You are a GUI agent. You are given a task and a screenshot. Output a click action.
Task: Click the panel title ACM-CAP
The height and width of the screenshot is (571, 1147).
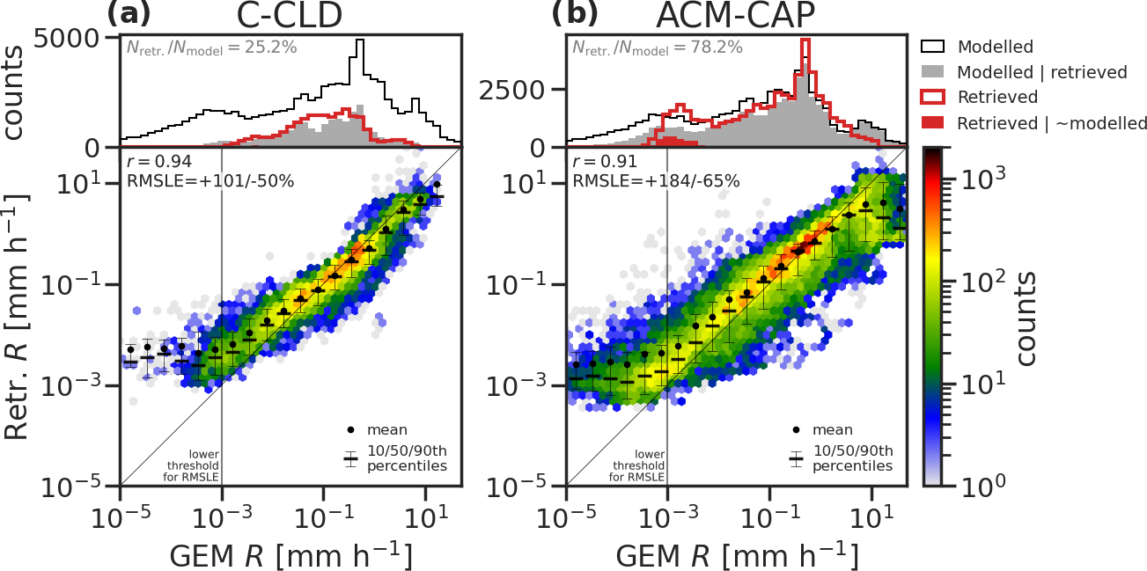click(x=736, y=17)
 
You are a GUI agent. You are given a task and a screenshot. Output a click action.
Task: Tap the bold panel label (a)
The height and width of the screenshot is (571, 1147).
click(x=129, y=13)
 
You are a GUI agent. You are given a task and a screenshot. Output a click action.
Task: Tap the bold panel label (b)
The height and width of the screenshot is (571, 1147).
click(x=575, y=13)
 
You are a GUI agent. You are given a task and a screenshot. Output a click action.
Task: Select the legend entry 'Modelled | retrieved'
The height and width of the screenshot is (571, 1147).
click(x=1041, y=72)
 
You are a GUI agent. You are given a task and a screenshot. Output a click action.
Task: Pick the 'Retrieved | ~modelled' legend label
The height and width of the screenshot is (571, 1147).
click(x=1052, y=123)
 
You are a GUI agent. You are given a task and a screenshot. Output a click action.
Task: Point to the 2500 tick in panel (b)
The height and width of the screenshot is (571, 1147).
click(x=524, y=90)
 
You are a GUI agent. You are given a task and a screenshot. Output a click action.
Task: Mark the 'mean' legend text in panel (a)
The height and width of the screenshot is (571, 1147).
click(x=388, y=430)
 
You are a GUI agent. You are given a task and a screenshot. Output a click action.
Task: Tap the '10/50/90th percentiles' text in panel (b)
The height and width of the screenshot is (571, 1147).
click(x=852, y=458)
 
